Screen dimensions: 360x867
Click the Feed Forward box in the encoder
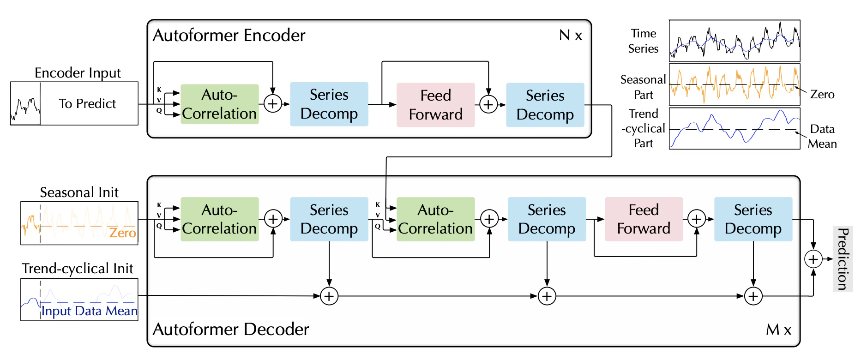pyautogui.click(x=435, y=105)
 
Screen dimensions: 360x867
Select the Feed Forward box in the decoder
pyautogui.click(x=644, y=219)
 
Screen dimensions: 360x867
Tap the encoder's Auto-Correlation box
pyautogui.click(x=219, y=104)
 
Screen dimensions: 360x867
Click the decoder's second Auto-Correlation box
pyautogui.click(x=435, y=219)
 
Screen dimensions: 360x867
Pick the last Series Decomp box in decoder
pyautogui.click(x=753, y=219)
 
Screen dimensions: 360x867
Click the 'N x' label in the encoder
pyautogui.click(x=571, y=36)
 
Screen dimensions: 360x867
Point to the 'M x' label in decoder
pyautogui.click(x=778, y=330)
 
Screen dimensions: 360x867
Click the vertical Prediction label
pyautogui.click(x=843, y=259)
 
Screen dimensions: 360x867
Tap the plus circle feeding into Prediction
pyautogui.click(x=813, y=259)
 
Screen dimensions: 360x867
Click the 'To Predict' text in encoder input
pyautogui.click(x=87, y=104)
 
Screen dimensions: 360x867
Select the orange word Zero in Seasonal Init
pyautogui.click(x=122, y=233)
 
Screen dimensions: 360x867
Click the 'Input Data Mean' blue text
pyautogui.click(x=89, y=311)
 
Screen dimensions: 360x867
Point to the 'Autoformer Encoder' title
pyautogui.click(x=229, y=36)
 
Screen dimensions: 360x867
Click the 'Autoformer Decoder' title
pyautogui.click(x=231, y=330)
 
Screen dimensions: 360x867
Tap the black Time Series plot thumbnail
pyautogui.click(x=734, y=41)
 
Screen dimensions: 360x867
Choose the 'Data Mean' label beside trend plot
pyautogui.click(x=822, y=136)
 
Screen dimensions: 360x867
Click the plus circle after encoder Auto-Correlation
pyautogui.click(x=273, y=104)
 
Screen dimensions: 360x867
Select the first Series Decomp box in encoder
pyautogui.click(x=329, y=104)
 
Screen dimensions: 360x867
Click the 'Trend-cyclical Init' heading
pyautogui.click(x=78, y=269)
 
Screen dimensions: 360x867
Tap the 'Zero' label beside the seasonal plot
pyautogui.click(x=822, y=95)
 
